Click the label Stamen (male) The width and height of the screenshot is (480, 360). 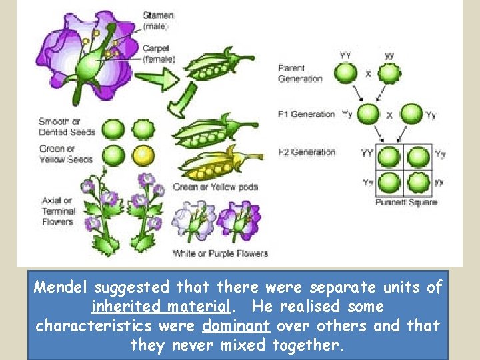tap(157, 21)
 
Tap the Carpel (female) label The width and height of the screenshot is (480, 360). tap(159, 53)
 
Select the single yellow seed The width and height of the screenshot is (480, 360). tap(143, 155)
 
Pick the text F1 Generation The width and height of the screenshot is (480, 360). tap(306, 114)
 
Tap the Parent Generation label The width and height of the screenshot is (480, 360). tap(301, 73)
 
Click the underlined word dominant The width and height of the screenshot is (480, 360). tap(235, 326)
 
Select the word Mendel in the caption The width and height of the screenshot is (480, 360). tap(61, 287)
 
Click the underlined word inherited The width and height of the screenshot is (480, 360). tap(123, 307)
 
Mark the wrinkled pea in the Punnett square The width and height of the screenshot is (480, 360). tap(418, 181)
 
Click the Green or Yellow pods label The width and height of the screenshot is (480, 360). tap(215, 187)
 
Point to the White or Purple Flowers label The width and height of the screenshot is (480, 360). tap(220, 253)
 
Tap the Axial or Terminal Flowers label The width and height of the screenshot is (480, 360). tap(57, 211)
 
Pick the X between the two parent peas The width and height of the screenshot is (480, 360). tap(368, 74)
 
